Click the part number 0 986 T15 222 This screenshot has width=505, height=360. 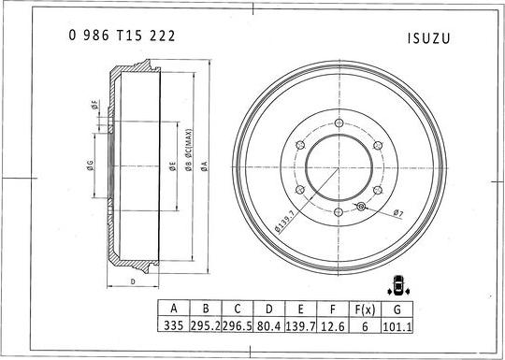pos(122,36)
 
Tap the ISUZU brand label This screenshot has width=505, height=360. pos(430,39)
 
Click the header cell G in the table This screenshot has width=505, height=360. pos(398,309)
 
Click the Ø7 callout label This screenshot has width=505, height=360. pos(397,213)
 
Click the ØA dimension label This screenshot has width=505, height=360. pos(204,164)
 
